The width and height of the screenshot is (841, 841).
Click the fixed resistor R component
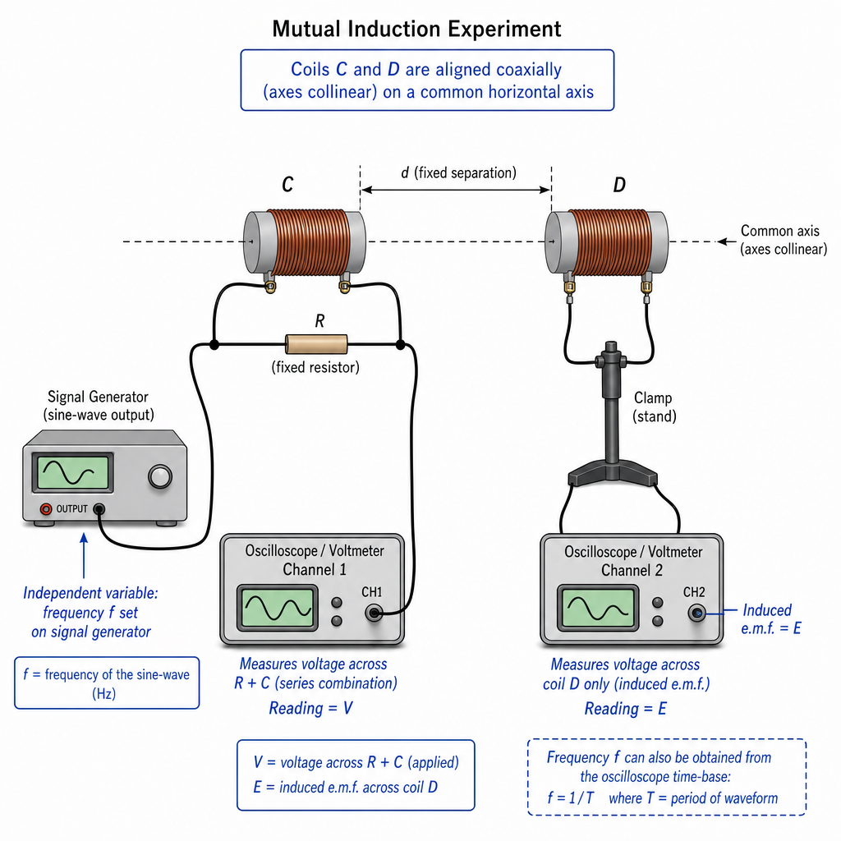(x=316, y=344)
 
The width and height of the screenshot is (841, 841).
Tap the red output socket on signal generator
(x=46, y=509)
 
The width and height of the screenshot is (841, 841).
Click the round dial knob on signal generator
(x=160, y=477)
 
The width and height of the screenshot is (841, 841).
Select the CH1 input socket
(x=374, y=613)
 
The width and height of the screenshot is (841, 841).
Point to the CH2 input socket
(x=696, y=613)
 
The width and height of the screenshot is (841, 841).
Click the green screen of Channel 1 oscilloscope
(x=278, y=608)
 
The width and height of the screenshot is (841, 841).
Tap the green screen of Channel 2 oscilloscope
(x=598, y=608)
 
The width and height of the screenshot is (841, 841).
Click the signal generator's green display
(x=72, y=472)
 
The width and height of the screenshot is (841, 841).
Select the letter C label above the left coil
(x=287, y=185)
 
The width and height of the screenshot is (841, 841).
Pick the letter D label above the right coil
(x=619, y=185)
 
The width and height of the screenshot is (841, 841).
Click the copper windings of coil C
(x=309, y=242)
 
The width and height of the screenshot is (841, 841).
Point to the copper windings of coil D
(x=610, y=242)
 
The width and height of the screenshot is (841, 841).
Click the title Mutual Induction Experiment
(x=416, y=29)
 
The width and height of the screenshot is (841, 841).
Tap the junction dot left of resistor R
(x=214, y=344)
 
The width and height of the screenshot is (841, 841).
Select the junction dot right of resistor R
(x=400, y=344)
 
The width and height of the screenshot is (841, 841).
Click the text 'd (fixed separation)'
(x=458, y=172)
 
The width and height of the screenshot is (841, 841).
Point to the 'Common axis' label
(x=780, y=231)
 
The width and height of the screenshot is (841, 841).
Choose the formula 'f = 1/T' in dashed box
(x=570, y=797)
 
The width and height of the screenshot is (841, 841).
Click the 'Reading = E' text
(x=625, y=709)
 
